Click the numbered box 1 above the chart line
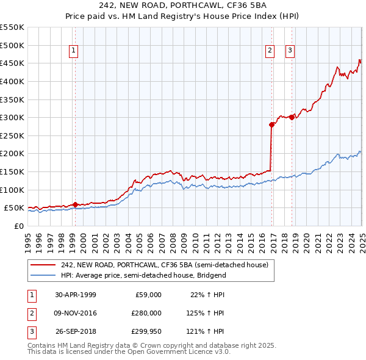point(73,51)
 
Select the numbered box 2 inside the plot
point(269,51)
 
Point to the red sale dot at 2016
point(271,124)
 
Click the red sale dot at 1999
point(75,204)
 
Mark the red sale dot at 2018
point(292,117)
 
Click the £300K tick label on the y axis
point(12,117)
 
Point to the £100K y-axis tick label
point(12,190)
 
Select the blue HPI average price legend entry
point(143,275)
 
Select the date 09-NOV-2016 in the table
point(76,314)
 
